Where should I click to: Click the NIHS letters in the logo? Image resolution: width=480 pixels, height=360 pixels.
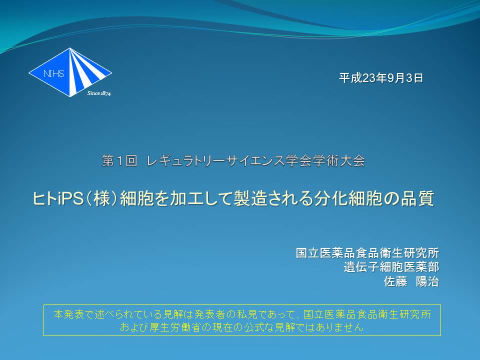(x=53, y=73)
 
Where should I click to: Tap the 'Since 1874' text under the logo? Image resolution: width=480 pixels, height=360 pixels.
(x=99, y=93)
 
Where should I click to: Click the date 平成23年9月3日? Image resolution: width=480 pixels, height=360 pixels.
(x=381, y=78)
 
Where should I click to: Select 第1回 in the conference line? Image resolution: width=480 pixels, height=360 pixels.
(x=119, y=161)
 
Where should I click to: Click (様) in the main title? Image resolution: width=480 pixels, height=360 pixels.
(x=102, y=198)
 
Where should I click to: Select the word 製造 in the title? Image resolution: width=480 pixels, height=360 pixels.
(x=250, y=198)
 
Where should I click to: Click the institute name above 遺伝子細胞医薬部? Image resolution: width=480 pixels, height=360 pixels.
(x=367, y=253)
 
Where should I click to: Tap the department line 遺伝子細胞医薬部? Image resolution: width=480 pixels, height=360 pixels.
(x=391, y=267)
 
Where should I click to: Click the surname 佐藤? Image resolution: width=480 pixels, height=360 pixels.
(x=395, y=281)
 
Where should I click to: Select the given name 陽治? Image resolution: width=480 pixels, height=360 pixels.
(x=427, y=281)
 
